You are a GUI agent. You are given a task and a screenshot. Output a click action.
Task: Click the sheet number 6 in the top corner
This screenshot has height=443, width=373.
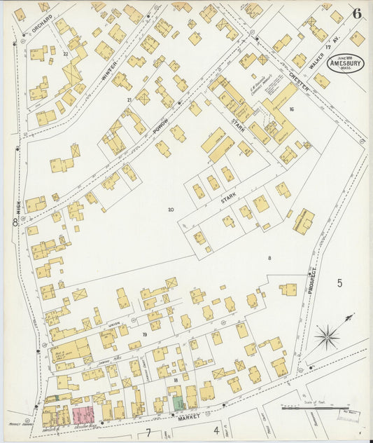pos(357,13)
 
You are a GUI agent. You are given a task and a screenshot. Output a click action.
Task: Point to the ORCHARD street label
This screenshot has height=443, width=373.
pos(42,25)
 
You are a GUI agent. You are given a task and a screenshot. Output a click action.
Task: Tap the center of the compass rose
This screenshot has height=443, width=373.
pos(326,337)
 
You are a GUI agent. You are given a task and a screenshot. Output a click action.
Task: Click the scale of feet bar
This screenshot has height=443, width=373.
pos(314,409)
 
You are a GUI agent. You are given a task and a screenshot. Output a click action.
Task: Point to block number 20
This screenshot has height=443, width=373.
pos(170,209)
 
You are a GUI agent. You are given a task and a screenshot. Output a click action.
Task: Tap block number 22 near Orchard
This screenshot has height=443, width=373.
pos(66,53)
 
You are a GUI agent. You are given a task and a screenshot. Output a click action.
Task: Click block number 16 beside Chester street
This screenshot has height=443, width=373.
pos(290,109)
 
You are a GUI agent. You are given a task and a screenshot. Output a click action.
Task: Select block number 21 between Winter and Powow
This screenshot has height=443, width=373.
pos(129,100)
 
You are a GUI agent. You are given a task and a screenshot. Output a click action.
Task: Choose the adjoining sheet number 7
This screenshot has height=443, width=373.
pos(148,432)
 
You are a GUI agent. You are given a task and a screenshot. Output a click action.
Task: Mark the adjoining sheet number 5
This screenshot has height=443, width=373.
pos(339,283)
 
